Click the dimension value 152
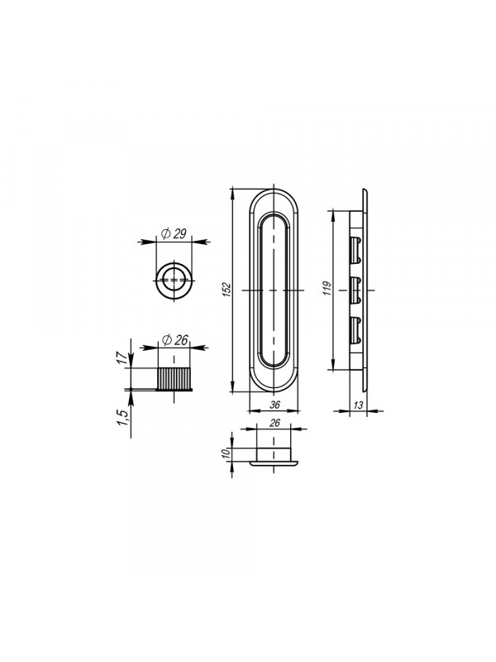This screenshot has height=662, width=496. point(227,290)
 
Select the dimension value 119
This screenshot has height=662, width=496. point(328,287)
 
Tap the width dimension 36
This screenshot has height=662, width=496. point(274,405)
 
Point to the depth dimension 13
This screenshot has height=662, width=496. point(358,405)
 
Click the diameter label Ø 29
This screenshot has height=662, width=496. point(174,233)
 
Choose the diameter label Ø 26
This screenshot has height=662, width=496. point(174,339)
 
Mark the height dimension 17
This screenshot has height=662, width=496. point(122,358)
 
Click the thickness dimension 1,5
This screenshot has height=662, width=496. point(122,418)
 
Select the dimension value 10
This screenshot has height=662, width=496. point(226,453)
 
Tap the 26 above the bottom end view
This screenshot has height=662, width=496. point(274,423)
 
